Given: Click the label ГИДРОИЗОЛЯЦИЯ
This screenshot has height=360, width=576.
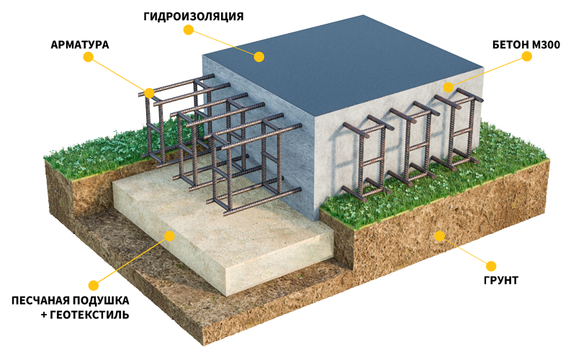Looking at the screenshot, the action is [193, 17].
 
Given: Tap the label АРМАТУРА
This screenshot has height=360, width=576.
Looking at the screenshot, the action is [80, 45].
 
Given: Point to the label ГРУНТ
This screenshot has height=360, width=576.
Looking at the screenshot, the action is [500, 280].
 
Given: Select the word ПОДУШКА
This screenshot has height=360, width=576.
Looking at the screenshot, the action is [101, 300].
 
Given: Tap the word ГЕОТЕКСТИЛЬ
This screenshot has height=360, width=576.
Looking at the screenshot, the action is [89, 315].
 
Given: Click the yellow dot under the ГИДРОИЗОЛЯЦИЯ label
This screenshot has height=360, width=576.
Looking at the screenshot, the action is [189, 30].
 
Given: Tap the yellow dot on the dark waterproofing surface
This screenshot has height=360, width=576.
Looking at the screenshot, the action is [259, 57].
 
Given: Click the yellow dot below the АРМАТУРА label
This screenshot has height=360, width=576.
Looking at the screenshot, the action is [88, 57].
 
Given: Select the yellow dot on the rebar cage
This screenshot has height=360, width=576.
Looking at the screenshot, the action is [149, 93].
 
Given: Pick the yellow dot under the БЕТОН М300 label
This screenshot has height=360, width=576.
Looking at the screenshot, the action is [527, 56].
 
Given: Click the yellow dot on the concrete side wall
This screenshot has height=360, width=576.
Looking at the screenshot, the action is [448, 87].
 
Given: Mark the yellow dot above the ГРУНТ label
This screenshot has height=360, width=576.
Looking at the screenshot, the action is [491, 266].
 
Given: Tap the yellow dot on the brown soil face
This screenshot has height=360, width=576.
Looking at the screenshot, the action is [439, 236].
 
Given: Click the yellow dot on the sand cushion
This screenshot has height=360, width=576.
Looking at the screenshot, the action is [169, 236].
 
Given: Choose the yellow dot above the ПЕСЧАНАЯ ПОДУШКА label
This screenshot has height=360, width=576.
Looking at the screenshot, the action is [94, 285].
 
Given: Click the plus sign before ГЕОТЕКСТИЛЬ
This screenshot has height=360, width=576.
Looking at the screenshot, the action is [44, 315].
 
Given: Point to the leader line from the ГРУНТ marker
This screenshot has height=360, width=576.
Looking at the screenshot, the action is [465, 251].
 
